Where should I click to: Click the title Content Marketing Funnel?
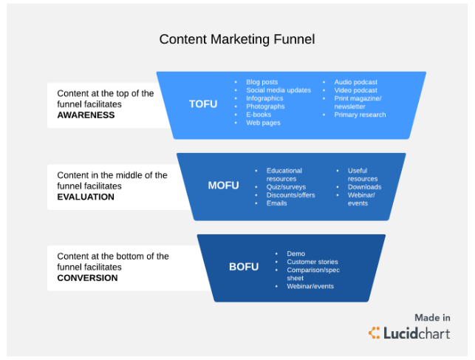tap(237, 39)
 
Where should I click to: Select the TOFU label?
tap(203, 104)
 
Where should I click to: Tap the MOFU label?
tap(223, 185)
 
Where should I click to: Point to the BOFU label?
tap(244, 267)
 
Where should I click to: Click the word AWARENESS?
tap(86, 115)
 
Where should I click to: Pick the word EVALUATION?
tap(86, 197)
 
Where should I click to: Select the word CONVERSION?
tap(87, 278)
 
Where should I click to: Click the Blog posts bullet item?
tap(262, 82)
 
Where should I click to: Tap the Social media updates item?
tap(278, 90)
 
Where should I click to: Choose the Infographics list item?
tap(264, 98)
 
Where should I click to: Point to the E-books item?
tap(259, 115)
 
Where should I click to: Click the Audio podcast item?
tap(355, 82)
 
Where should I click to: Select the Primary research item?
tap(360, 115)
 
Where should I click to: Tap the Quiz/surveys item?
tap(286, 187)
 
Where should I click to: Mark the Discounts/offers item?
tap(290, 195)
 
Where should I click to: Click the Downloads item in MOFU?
tap(364, 187)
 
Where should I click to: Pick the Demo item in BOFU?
tap(296, 254)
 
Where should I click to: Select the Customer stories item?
tap(312, 262)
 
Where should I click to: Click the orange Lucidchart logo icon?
tap(374, 333)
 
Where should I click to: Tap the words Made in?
tap(432, 318)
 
